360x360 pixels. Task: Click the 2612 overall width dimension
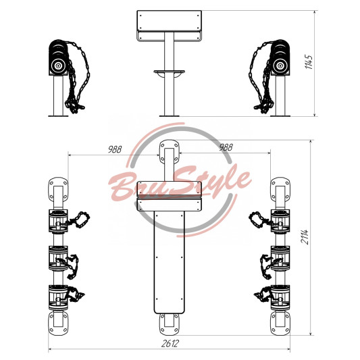(170, 344)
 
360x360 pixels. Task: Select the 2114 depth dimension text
(305, 236)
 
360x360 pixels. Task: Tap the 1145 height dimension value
(309, 61)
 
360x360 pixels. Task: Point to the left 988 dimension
(115, 149)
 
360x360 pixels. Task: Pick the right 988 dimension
(226, 147)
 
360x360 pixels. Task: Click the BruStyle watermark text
(179, 184)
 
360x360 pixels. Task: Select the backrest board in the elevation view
(170, 21)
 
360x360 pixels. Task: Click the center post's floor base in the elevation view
(170, 115)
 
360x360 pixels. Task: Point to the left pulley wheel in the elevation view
(58, 66)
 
